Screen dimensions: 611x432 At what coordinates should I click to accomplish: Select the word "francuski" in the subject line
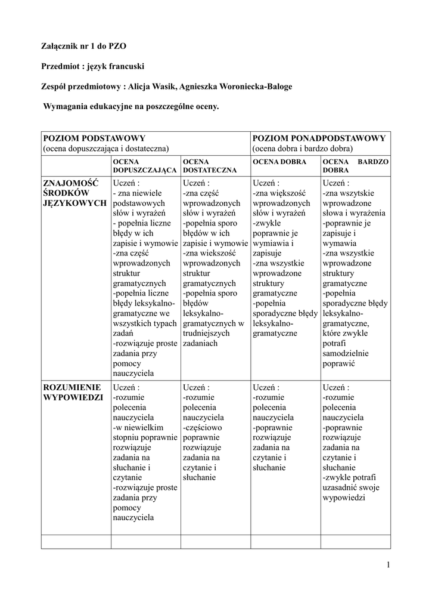tap(126, 66)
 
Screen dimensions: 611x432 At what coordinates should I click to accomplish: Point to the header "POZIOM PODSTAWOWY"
tap(94, 138)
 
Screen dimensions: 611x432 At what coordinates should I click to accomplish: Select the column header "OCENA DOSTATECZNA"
tap(209, 166)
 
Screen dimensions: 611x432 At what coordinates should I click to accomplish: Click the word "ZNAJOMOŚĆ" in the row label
tap(71, 183)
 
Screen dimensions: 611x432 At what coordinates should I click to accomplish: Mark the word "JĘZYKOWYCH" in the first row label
tap(74, 203)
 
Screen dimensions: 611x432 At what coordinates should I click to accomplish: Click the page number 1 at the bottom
tap(387, 565)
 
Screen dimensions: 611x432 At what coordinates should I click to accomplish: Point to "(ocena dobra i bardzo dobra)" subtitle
tap(302, 148)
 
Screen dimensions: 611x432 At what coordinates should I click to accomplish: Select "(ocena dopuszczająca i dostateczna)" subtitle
tap(105, 148)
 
